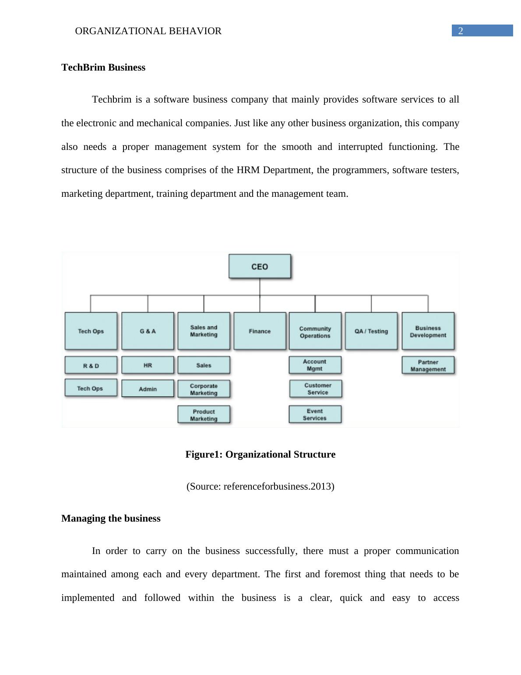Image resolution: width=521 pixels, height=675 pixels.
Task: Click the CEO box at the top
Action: click(x=260, y=266)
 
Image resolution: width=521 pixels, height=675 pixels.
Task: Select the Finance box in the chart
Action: click(x=260, y=331)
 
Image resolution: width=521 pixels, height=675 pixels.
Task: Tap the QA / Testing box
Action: click(x=371, y=331)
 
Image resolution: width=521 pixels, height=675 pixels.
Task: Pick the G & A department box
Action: click(x=148, y=331)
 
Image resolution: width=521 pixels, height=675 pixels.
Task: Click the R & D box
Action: click(x=91, y=365)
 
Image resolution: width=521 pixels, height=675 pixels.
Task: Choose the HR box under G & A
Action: click(x=148, y=365)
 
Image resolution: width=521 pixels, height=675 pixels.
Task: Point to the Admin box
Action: click(x=148, y=389)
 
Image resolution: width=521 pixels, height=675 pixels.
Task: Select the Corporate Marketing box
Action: click(x=204, y=389)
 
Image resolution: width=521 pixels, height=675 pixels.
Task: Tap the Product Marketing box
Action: click(x=204, y=415)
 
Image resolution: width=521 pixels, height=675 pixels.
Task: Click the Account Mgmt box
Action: click(x=315, y=365)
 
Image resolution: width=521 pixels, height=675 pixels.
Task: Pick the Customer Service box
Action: click(x=316, y=389)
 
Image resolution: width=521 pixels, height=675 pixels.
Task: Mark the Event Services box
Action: click(x=315, y=414)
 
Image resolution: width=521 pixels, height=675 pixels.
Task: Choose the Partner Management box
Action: click(x=428, y=365)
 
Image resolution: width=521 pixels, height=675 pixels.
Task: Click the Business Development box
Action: click(x=428, y=331)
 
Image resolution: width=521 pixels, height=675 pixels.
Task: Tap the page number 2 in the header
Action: click(x=461, y=31)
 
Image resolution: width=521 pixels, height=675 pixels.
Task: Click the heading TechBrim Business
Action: click(x=103, y=67)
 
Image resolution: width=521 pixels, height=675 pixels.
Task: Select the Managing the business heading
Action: click(x=111, y=519)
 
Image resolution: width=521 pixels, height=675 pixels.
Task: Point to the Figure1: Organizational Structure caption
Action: click(x=260, y=455)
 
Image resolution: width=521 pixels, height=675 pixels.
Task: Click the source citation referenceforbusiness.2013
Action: click(x=260, y=487)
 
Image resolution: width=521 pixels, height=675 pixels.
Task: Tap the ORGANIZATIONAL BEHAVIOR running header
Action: click(x=148, y=31)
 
